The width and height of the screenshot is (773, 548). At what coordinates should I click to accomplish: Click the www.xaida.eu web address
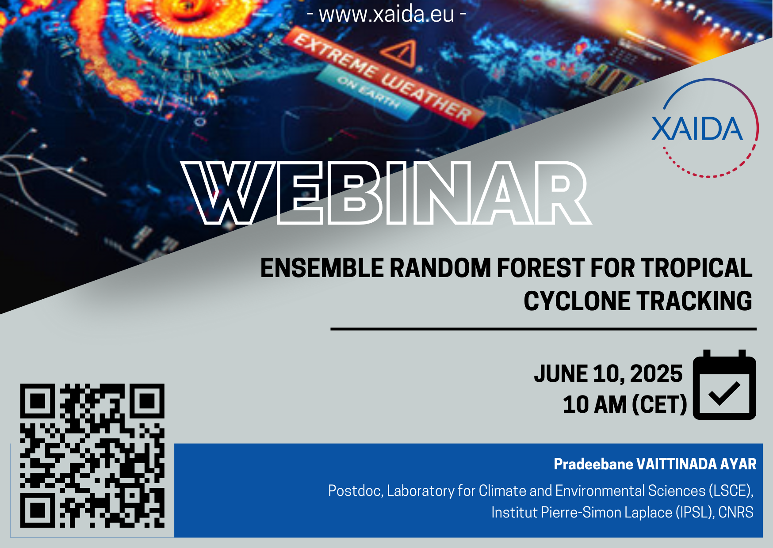click(x=386, y=14)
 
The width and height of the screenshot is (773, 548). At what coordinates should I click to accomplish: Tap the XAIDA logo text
click(x=697, y=129)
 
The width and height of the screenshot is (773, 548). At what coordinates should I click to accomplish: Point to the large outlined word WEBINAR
click(x=386, y=193)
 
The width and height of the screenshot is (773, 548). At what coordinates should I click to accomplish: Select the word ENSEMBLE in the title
click(x=322, y=268)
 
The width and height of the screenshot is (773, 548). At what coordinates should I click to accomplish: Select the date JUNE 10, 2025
click(x=608, y=374)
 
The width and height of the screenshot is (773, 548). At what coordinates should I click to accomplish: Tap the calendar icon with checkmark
click(x=724, y=385)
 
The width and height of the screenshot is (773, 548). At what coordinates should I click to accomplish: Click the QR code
click(x=92, y=456)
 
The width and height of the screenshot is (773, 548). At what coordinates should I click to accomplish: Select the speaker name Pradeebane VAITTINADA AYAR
click(x=655, y=464)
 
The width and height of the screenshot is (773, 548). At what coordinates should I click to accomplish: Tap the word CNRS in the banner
click(x=736, y=513)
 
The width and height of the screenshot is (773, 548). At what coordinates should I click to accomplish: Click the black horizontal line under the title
click(x=543, y=329)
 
